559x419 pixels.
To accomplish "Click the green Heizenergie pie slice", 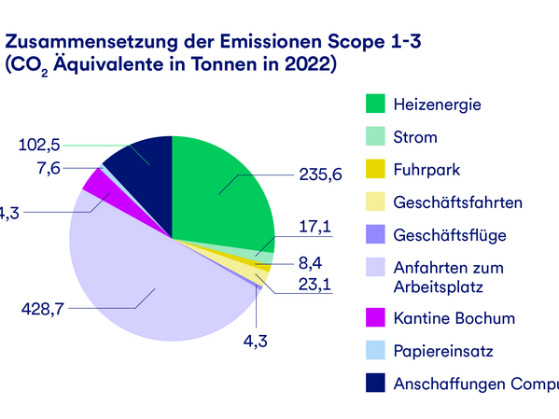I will pyautogui.click(x=219, y=187).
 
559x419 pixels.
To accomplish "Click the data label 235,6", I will pyautogui.click(x=319, y=174).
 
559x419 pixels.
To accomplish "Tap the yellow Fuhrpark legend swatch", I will pyautogui.click(x=376, y=170).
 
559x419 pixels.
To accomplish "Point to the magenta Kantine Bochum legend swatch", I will pyautogui.click(x=376, y=317).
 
